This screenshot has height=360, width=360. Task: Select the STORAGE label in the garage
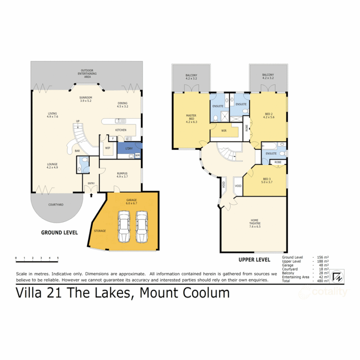tap(100, 231)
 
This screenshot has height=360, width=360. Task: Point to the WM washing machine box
tap(137, 156)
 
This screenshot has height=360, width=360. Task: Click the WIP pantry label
tap(107, 148)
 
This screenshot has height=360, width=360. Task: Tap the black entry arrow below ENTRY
tap(92, 196)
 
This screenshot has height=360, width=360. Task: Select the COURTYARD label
tap(56, 205)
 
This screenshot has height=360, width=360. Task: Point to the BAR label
tap(77, 151)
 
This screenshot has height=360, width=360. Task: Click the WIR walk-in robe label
tap(224, 131)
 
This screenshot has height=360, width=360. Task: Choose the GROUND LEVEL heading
tap(59, 232)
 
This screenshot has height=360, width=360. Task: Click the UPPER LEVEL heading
tap(254, 259)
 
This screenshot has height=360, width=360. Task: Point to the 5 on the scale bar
tap(58, 258)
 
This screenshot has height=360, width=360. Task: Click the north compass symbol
tap(336, 276)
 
